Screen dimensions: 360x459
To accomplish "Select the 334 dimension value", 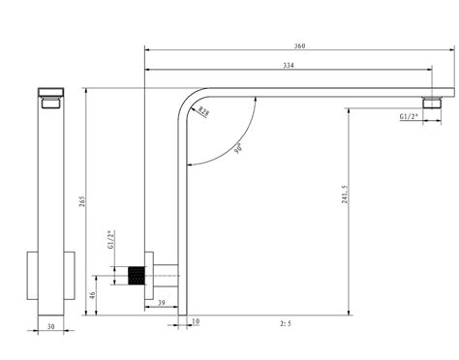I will click(288, 66).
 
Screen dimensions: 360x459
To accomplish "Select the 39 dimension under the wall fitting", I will click(161, 304).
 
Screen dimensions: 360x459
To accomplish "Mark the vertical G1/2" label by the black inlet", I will click(111, 240).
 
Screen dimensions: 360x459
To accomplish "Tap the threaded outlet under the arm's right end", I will click(433, 101).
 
